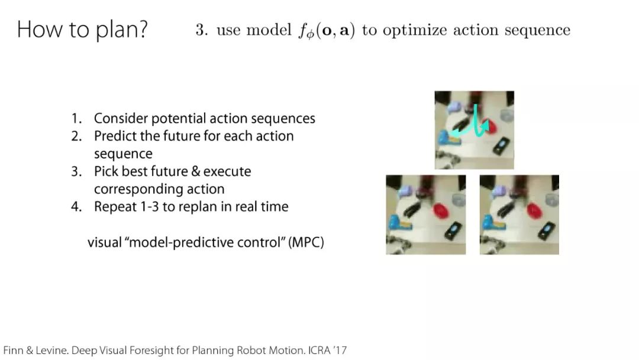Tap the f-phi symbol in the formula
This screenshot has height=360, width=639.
[x=306, y=31]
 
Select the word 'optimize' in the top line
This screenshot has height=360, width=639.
[x=414, y=30]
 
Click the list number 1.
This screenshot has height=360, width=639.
[x=76, y=118]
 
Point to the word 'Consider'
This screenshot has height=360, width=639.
[x=121, y=118]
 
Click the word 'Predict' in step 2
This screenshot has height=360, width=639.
[x=115, y=136]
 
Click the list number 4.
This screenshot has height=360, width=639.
[x=76, y=207]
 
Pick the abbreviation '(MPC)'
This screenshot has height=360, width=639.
[x=306, y=242]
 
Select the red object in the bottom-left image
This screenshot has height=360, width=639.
[x=440, y=211]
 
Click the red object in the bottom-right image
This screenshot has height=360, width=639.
[x=534, y=210]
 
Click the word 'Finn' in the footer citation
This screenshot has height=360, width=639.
[x=14, y=350]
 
